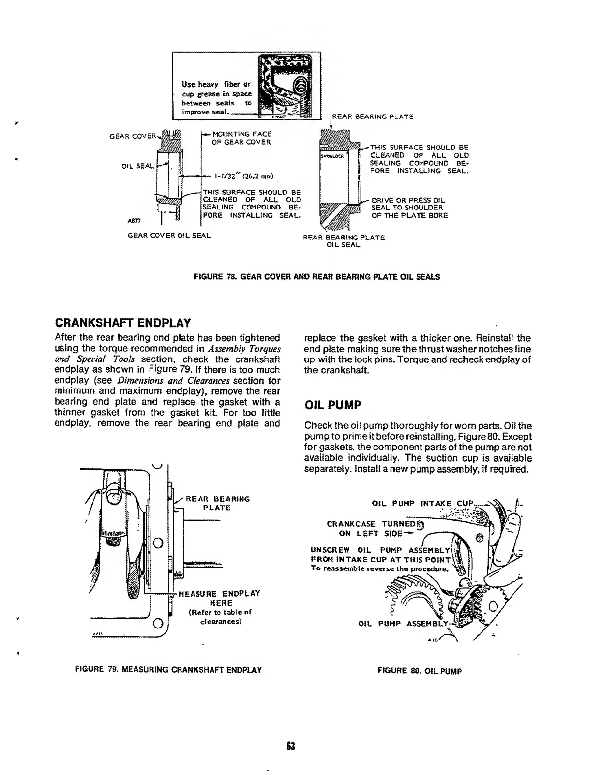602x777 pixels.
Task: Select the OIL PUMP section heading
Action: pyautogui.click(x=333, y=405)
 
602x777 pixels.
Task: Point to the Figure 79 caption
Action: pyautogui.click(x=168, y=669)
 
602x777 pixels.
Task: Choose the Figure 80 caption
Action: pyautogui.click(x=420, y=670)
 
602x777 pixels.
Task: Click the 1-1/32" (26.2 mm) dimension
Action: pyautogui.click(x=244, y=175)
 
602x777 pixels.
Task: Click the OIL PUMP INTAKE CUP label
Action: pyautogui.click(x=422, y=503)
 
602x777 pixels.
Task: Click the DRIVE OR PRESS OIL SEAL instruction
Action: pyautogui.click(x=409, y=208)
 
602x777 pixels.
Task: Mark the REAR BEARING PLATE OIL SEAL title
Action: pyautogui.click(x=343, y=241)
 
